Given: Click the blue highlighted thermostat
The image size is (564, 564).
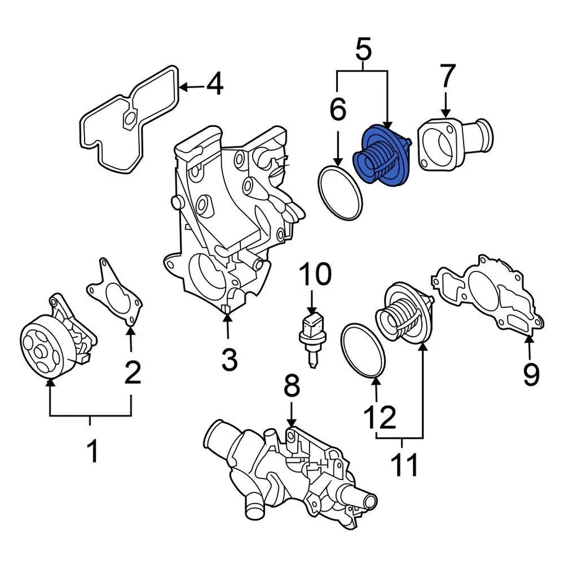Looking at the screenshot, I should point(381,156).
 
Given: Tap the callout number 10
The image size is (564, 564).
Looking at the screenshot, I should point(315,274).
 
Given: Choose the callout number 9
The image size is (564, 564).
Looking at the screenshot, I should point(531,374).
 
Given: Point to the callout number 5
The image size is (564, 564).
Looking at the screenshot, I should point(364,51).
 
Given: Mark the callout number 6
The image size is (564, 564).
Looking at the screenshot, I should point(339,109).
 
